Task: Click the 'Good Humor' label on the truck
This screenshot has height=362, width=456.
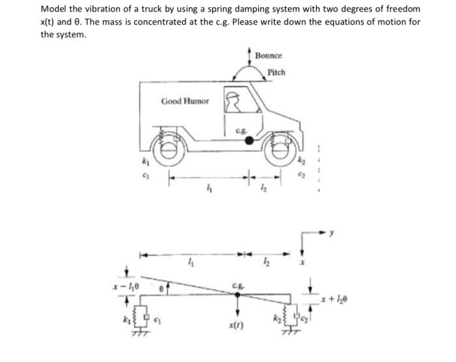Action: (185, 101)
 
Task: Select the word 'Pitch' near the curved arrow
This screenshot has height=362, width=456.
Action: (276, 72)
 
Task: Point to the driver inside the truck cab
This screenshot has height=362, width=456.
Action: (233, 101)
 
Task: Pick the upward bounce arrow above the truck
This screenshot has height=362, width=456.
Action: (248, 55)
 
